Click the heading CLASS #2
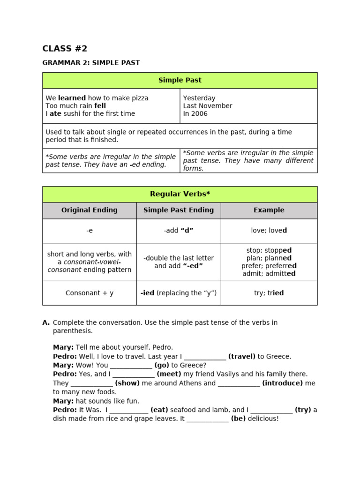pyautogui.click(x=65, y=49)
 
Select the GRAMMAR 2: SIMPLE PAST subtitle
pyautogui.click(x=91, y=63)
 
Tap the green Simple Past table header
pyautogui.click(x=180, y=80)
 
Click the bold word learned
pyautogui.click(x=72, y=98)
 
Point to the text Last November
pyautogui.click(x=208, y=106)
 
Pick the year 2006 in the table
pyautogui.click(x=199, y=114)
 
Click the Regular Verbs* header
pyautogui.click(x=180, y=194)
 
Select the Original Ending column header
pyautogui.click(x=90, y=210)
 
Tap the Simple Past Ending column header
pyautogui.click(x=179, y=210)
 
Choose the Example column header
pyautogui.click(x=269, y=210)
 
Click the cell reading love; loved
pyautogui.click(x=269, y=231)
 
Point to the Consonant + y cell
pyautogui.click(x=90, y=293)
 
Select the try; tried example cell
pyautogui.click(x=269, y=293)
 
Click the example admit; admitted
pyautogui.click(x=269, y=274)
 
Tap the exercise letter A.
pyautogui.click(x=46, y=322)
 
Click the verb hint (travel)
pyautogui.click(x=242, y=356)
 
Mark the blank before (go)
pyautogui.click(x=131, y=366)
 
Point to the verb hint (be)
pyautogui.click(x=238, y=419)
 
